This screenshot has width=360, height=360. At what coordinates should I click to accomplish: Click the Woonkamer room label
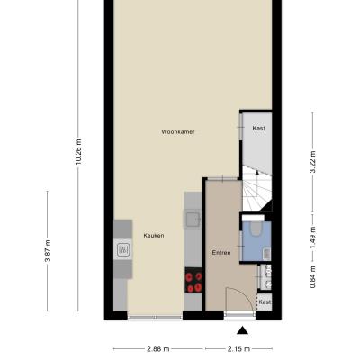(x=178, y=131)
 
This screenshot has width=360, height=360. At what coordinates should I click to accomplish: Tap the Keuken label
(x=154, y=236)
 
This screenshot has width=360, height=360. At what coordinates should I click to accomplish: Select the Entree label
(x=221, y=253)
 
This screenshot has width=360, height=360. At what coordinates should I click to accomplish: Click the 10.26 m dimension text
(x=78, y=151)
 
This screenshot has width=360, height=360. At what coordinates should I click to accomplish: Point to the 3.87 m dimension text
(x=48, y=251)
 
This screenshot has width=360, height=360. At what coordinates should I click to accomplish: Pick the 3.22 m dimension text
(x=312, y=162)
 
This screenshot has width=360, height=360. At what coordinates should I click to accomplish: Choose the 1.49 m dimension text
(x=312, y=238)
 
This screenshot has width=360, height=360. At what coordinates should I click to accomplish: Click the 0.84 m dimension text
(x=312, y=277)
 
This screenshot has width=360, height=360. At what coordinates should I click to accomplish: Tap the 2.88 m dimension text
(x=158, y=349)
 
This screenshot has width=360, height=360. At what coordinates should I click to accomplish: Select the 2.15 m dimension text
(x=238, y=349)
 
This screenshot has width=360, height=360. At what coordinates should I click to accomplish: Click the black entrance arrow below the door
(x=242, y=330)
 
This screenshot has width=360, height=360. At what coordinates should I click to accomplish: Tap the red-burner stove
(x=193, y=280)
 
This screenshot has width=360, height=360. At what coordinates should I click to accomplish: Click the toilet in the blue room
(x=256, y=228)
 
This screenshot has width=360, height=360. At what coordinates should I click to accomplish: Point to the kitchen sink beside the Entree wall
(x=193, y=220)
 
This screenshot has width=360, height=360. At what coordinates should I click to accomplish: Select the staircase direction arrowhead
(x=256, y=172)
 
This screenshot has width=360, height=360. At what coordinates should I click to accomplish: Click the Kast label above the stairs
(x=258, y=128)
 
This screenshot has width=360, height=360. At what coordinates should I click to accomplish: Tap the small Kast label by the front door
(x=265, y=301)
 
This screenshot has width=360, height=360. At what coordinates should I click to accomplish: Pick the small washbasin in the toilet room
(x=266, y=255)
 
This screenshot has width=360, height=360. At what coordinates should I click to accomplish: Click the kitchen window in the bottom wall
(x=155, y=317)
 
